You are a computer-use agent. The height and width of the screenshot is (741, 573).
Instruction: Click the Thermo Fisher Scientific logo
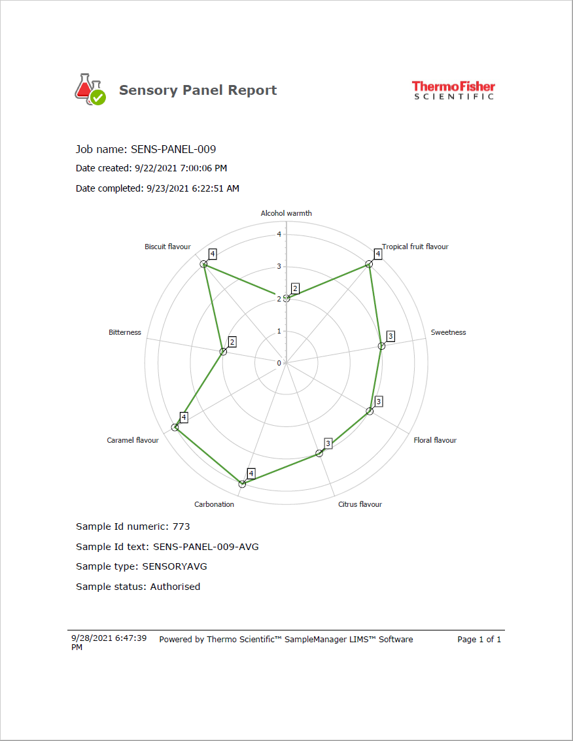click(453, 90)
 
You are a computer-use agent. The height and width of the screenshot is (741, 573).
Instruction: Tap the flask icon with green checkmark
click(90, 90)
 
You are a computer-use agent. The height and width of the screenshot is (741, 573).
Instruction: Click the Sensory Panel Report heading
click(198, 90)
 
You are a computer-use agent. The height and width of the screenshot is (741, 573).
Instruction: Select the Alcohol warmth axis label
click(286, 213)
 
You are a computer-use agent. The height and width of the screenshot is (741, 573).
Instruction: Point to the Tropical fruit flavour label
click(415, 247)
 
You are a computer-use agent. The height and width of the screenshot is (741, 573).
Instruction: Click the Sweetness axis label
click(448, 332)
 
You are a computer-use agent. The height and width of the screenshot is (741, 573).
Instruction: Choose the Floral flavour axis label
click(435, 440)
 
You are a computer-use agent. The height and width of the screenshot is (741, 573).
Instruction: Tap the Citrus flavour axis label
click(360, 504)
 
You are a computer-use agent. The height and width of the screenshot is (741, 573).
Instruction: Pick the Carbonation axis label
click(214, 504)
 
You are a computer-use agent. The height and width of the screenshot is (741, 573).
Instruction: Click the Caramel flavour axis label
click(133, 440)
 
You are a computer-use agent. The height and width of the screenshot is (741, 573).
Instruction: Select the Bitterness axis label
click(125, 332)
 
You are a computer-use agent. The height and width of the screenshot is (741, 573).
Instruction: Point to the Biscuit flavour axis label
click(167, 247)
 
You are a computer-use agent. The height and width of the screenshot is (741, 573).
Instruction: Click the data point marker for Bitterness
click(223, 352)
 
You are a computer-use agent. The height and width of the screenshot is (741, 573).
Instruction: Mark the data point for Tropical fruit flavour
click(369, 264)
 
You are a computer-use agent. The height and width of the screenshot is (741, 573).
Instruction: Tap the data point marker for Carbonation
click(242, 484)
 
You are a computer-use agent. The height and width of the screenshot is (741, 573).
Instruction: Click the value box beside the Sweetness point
click(391, 336)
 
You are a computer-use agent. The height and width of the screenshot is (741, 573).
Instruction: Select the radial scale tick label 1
click(279, 331)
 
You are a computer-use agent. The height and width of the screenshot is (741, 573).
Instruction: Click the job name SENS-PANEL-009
click(173, 149)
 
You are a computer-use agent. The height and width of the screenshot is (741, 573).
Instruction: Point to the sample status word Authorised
click(175, 587)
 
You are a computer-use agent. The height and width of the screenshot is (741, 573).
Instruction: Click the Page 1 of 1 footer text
click(479, 640)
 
